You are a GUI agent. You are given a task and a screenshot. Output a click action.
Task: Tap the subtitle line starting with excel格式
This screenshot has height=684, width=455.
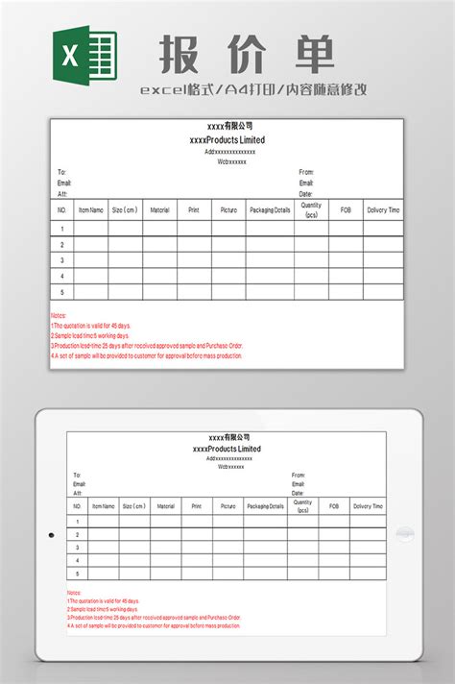coord(252,90)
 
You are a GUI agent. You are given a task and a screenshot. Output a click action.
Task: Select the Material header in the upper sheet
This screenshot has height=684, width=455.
coord(159,209)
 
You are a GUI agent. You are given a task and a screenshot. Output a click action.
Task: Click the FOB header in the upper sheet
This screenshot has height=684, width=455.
coord(346,209)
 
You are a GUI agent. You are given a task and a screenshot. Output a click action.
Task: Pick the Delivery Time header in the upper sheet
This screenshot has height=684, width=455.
coord(383,209)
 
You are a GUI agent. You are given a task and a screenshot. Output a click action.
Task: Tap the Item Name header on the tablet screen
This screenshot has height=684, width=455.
coord(103,505)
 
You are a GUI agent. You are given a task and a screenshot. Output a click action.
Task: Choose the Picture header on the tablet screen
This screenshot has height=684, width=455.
coord(227,505)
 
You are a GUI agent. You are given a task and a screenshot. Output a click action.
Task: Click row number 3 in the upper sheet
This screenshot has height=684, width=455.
coord(62,260)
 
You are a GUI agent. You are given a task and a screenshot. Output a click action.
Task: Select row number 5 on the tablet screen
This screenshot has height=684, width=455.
coord(77,573)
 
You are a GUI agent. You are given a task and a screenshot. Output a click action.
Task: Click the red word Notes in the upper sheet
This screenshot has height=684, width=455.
coord(58,315)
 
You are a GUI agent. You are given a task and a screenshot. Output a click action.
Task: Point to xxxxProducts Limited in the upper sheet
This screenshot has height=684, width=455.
coord(228,140)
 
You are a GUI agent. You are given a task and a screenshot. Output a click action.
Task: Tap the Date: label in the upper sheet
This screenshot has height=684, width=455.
coord(305,193)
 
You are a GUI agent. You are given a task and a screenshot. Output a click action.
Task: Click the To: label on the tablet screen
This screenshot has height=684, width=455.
coord(77,475)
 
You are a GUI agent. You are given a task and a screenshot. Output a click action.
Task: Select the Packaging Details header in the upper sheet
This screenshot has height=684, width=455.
coord(270,209)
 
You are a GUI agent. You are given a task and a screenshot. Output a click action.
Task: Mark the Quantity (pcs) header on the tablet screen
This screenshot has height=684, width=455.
coord(303,505)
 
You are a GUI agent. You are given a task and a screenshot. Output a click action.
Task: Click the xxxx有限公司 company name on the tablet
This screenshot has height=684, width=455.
coord(227,438)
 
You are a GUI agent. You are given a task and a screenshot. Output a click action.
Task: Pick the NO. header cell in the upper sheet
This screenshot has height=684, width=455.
coord(62,209)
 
